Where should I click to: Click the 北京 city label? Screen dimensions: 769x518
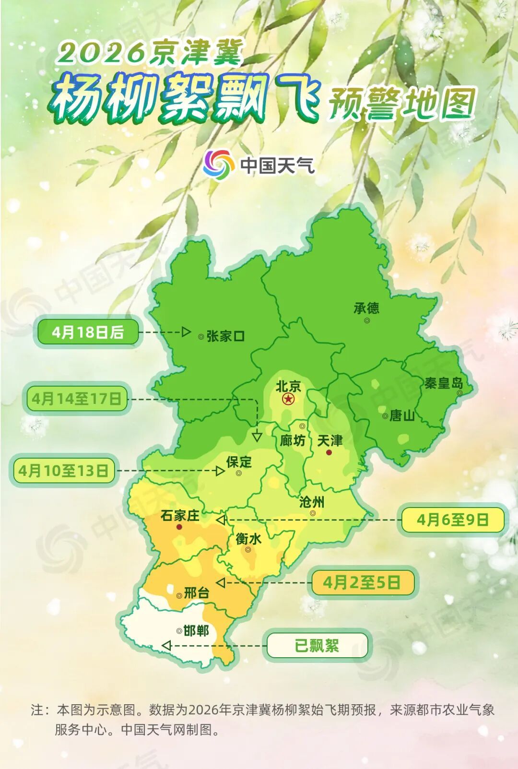288,386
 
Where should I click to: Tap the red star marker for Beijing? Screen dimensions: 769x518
288,399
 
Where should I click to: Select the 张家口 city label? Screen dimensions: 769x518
226,336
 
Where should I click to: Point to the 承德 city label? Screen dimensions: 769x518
366,308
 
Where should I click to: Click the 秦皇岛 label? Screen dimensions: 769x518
444,383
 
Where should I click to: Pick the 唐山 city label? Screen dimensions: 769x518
402,415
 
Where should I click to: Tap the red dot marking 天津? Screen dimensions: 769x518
329,452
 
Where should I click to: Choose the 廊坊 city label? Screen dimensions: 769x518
293,440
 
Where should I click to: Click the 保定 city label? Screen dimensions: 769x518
239,462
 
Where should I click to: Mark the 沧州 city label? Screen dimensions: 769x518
312,502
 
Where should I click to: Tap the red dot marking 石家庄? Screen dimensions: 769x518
179,527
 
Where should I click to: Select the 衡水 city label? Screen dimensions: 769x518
248,539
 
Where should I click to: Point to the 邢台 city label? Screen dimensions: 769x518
197,593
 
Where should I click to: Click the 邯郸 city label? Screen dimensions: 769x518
196,630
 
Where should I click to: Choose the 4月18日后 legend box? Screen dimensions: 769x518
88,332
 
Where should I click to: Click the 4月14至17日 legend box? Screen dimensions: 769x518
77,399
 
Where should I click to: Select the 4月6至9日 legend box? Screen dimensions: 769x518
452,520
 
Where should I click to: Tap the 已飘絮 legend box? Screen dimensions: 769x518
317,645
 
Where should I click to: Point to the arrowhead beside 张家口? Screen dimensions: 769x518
186,332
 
